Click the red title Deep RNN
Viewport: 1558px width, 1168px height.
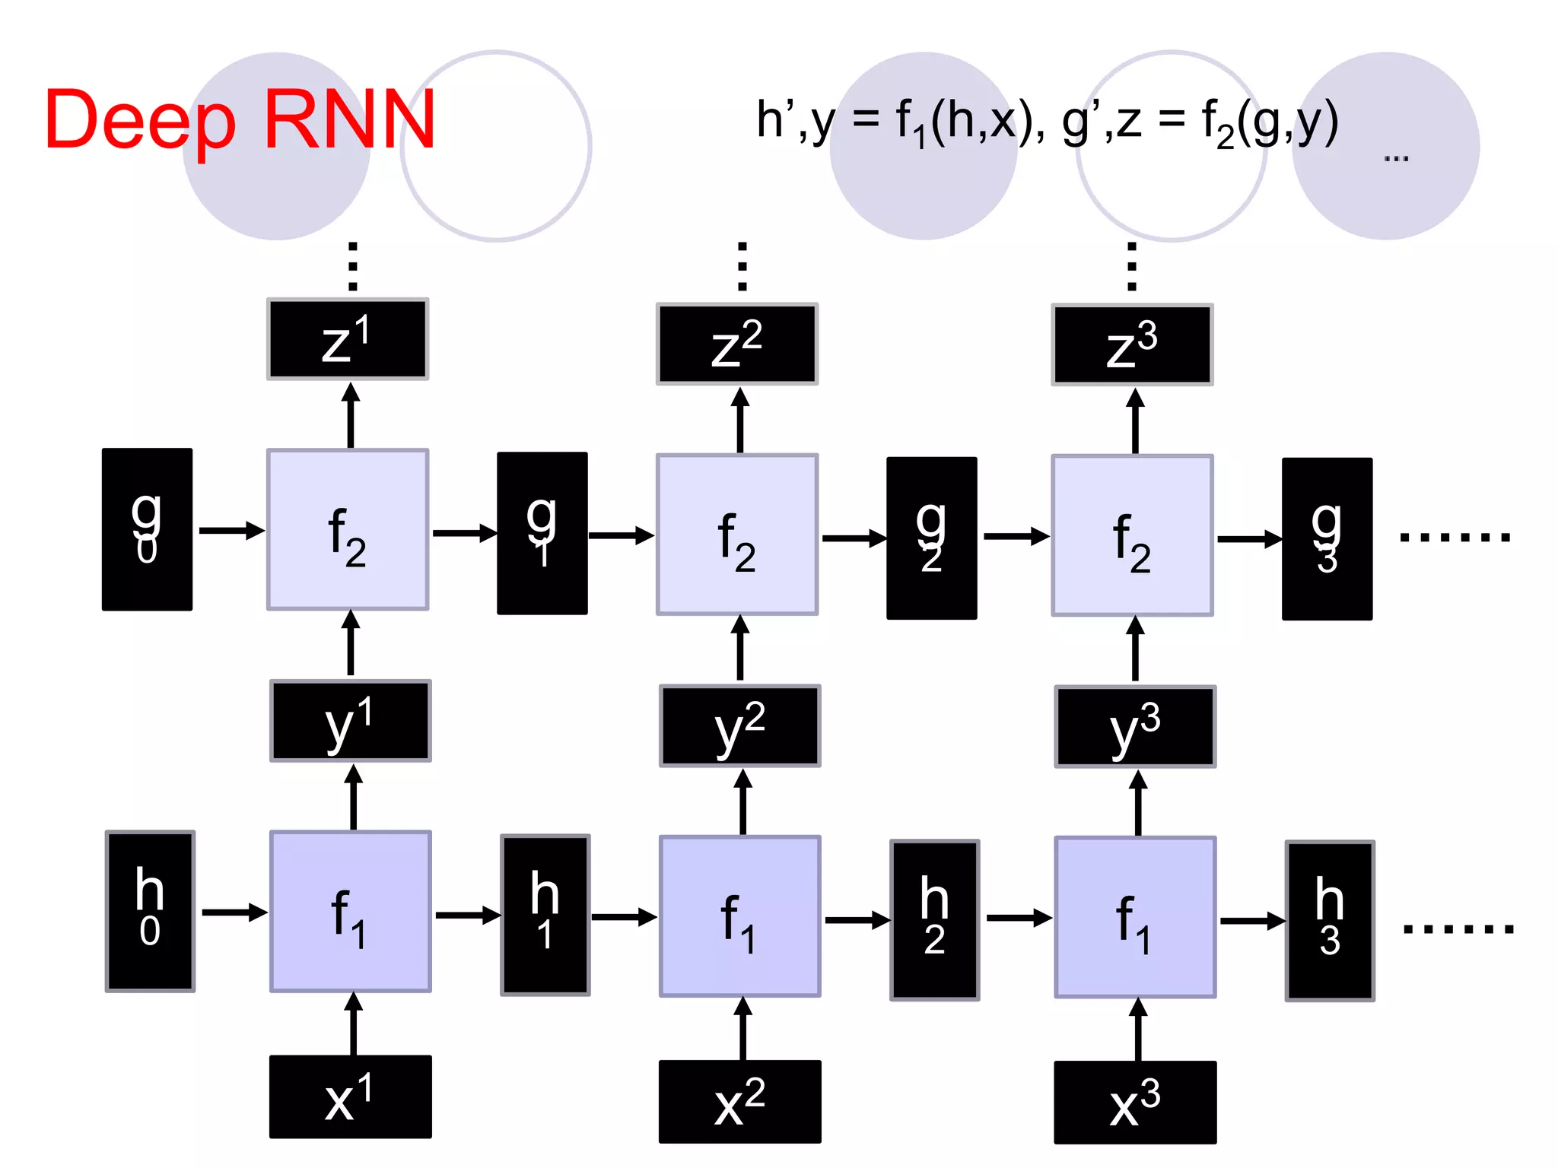[240, 120]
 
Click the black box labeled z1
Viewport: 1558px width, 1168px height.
[348, 339]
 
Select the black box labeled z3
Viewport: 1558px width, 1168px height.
[1132, 345]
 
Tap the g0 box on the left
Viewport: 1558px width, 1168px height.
[147, 529]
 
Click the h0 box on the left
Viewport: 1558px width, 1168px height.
[150, 911]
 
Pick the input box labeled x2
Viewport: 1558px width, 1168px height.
[739, 1101]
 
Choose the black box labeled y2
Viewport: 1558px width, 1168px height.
[739, 726]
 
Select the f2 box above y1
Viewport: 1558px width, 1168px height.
[348, 529]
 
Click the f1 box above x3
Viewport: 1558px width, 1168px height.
[1134, 916]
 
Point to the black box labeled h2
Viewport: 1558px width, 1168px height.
[934, 920]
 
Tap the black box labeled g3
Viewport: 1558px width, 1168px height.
[1327, 538]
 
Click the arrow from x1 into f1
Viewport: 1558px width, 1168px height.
[353, 1023]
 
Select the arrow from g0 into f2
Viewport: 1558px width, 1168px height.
[231, 530]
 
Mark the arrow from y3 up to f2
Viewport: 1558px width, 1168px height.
[1135, 648]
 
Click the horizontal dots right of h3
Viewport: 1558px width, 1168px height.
[1458, 928]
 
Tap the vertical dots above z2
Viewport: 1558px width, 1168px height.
[742, 266]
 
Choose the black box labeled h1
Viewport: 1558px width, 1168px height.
[545, 915]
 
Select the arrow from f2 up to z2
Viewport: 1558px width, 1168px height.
[740, 421]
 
